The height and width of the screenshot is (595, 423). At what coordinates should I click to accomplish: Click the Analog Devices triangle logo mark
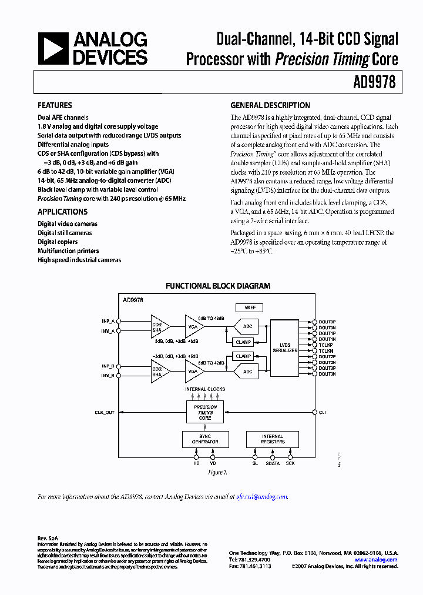pyautogui.click(x=53, y=48)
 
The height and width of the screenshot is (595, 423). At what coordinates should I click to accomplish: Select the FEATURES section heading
pyautogui.click(x=55, y=106)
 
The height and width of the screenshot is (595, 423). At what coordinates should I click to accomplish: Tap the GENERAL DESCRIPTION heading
pyautogui.click(x=270, y=106)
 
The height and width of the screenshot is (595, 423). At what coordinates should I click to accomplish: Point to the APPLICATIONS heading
pyautogui.click(x=62, y=212)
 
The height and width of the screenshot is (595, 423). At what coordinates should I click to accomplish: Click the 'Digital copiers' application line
pyautogui.click(x=57, y=242)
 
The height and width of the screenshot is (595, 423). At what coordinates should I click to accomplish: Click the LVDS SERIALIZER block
pyautogui.click(x=285, y=347)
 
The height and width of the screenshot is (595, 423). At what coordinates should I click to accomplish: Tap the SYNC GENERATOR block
pyautogui.click(x=205, y=439)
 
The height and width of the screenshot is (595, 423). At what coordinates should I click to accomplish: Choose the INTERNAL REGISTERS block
pyautogui.click(x=273, y=439)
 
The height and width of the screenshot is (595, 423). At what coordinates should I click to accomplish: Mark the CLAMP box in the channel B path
pyautogui.click(x=243, y=356)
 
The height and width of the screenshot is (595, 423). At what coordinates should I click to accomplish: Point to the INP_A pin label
pyautogui.click(x=108, y=321)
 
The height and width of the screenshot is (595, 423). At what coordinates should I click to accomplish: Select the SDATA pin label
pyautogui.click(x=273, y=464)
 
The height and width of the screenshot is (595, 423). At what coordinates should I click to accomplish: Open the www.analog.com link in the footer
pyautogui.click(x=376, y=560)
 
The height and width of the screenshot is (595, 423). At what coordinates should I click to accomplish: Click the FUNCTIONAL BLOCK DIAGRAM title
pyautogui.click(x=218, y=286)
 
